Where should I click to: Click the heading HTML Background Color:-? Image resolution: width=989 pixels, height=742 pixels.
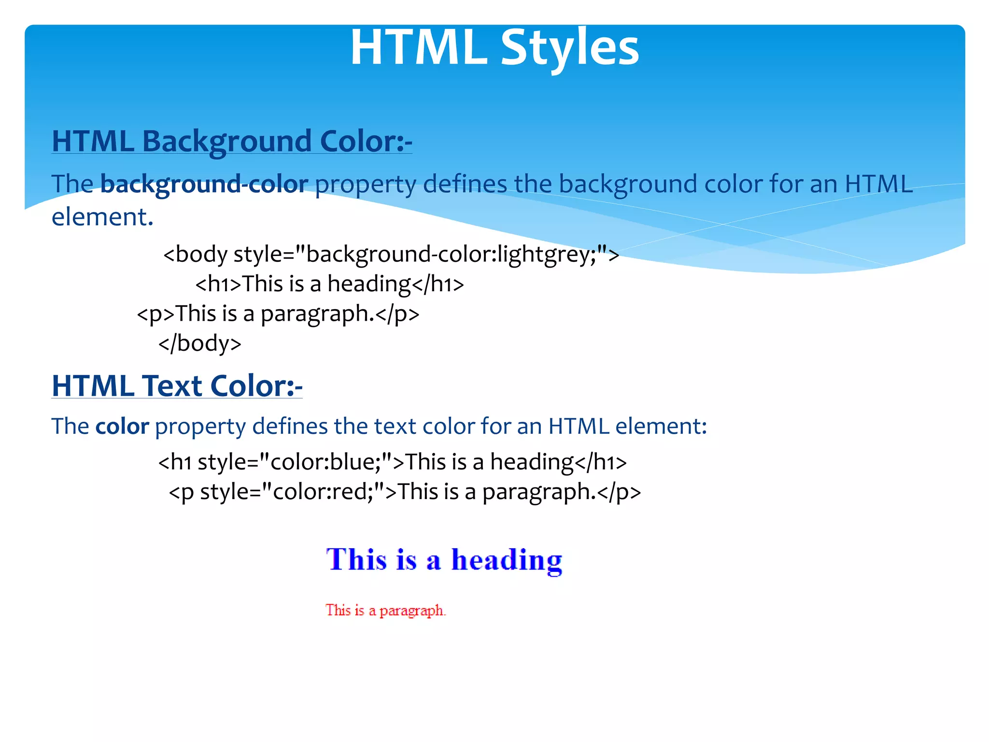[x=232, y=142]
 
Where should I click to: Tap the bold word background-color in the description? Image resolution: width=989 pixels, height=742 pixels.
[x=204, y=184]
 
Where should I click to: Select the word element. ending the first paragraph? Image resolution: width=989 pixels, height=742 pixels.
[x=102, y=217]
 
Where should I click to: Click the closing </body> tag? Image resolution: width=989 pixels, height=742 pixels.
[x=200, y=343]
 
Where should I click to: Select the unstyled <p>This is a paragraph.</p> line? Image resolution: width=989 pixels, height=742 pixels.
[x=278, y=314]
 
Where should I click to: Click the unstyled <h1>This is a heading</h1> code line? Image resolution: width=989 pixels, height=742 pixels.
[x=329, y=284]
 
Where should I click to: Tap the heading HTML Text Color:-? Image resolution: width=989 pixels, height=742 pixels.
[x=177, y=386]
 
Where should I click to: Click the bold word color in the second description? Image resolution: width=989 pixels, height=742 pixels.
[x=122, y=427]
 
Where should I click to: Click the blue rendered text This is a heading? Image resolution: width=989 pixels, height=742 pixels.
[x=444, y=560]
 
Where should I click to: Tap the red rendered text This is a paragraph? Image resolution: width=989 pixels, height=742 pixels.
[x=385, y=611]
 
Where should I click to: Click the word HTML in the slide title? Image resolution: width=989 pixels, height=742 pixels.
[x=418, y=48]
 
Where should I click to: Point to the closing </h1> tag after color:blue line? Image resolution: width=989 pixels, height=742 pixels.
[x=601, y=462]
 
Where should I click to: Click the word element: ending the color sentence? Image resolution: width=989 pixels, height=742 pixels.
[x=661, y=427]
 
